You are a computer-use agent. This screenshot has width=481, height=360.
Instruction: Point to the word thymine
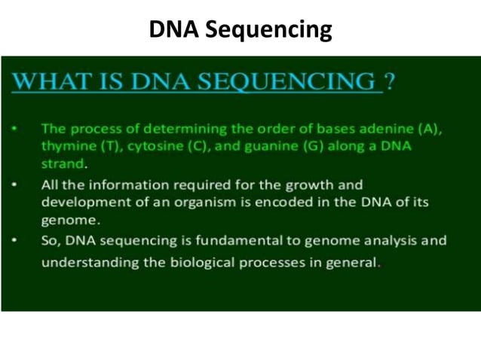[66, 145]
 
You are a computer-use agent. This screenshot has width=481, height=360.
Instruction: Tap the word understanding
[87, 264]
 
